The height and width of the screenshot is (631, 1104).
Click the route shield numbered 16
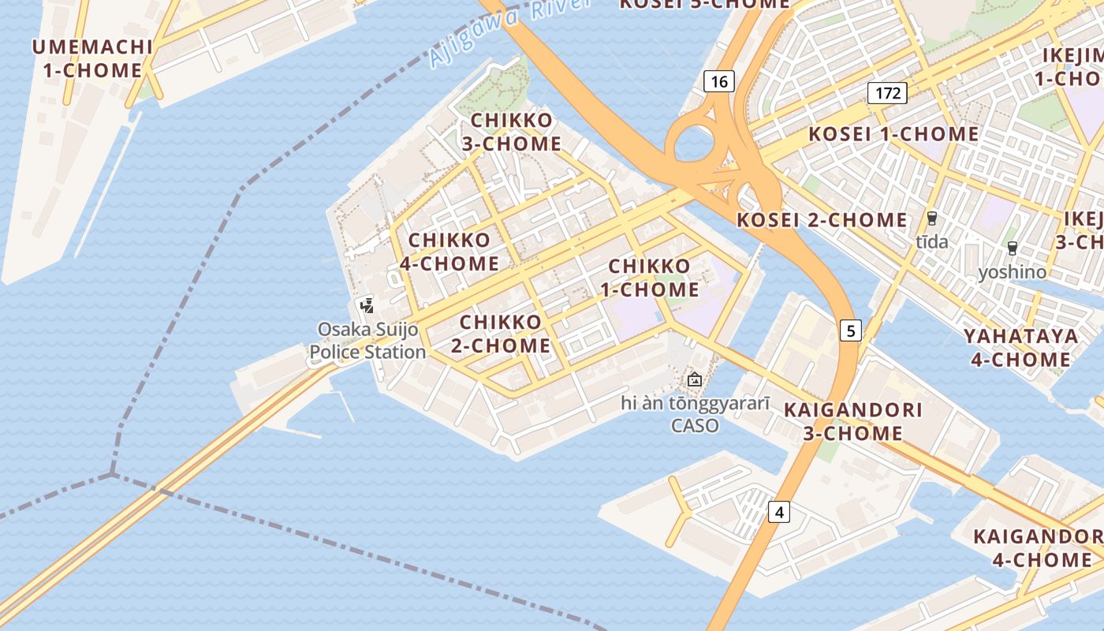718,81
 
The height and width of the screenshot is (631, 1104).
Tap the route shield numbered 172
887,93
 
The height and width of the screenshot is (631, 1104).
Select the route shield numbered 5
850,330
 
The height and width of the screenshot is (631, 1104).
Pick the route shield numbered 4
779,513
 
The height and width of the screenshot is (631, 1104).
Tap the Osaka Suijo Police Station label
367,341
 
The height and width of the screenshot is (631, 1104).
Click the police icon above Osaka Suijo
367,305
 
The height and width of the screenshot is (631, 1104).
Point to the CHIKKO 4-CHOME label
449,252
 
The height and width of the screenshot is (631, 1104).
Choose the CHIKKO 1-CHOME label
650,278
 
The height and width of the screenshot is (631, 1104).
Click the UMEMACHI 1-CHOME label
92,58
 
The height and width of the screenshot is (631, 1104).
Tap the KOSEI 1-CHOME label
893,134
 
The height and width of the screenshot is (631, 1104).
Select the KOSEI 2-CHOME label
822,220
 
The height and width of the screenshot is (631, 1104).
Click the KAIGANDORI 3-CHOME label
853,421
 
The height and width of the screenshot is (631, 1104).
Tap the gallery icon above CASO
694,379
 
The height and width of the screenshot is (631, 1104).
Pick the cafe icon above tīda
932,218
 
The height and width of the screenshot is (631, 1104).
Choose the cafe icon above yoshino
1013,248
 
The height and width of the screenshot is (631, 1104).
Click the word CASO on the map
695,426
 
